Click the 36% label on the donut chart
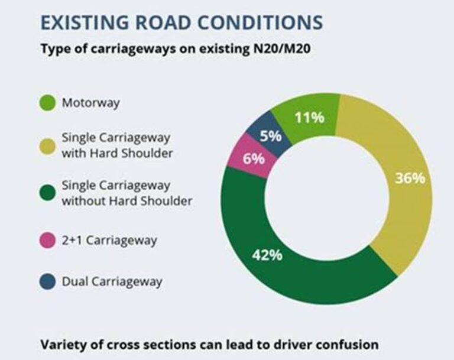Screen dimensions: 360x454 pos(410,177)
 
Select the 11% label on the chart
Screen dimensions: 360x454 pos(309,117)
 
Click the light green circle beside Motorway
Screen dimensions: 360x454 pos(48,103)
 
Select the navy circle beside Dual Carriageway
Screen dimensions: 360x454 pos(48,281)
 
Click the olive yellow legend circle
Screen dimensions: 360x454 pos(48,144)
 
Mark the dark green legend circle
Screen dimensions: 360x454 pos(48,193)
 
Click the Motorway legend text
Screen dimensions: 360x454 pos(90,103)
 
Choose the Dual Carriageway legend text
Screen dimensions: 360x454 pos(112,281)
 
